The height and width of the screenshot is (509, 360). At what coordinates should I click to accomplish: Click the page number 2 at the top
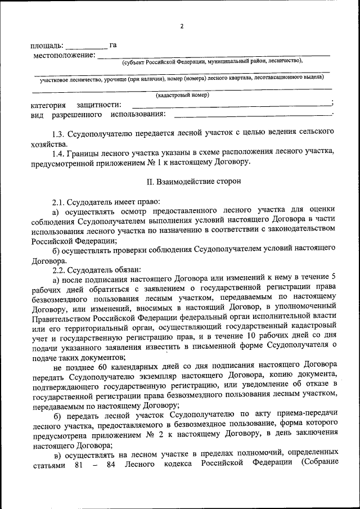pos(182,26)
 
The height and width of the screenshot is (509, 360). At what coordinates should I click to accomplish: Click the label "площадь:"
pos(47,46)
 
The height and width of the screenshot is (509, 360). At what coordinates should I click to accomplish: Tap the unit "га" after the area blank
pos(113,45)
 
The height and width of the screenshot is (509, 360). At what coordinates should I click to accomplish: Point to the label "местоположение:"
pos(64,55)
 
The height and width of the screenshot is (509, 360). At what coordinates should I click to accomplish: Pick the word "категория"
pos(48,105)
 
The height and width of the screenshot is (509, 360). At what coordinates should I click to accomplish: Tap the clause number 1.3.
pos(58,134)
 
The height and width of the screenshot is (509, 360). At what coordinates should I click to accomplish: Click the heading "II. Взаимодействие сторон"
pos(186,182)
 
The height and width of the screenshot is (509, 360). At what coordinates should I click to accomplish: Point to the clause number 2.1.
pos(58,201)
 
